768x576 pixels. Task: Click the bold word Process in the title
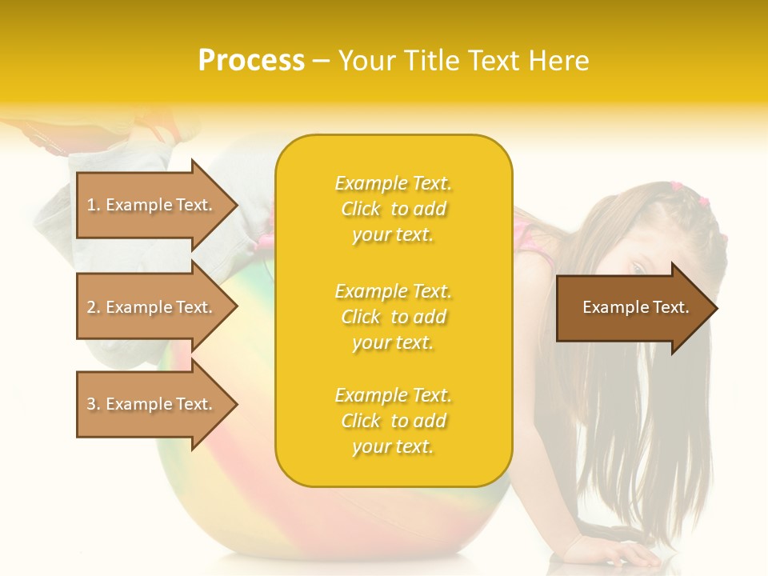[x=251, y=61]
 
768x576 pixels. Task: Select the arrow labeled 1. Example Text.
[x=152, y=205]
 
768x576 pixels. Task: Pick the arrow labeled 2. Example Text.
[x=152, y=307]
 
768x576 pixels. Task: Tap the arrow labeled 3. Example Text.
[x=152, y=404]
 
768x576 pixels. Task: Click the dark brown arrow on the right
[x=632, y=308]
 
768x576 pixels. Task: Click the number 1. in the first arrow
[x=94, y=205]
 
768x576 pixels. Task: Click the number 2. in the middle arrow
[x=94, y=307]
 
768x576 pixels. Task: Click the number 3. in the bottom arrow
[x=94, y=404]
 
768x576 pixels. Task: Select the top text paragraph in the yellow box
[x=393, y=209]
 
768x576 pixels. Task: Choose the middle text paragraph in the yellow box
[x=393, y=317]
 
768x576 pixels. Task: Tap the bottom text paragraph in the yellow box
[x=393, y=421]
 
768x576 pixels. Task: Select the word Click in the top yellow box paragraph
[x=361, y=209]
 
